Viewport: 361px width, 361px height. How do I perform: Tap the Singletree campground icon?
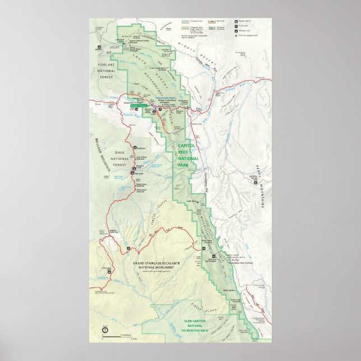point(135,149)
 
